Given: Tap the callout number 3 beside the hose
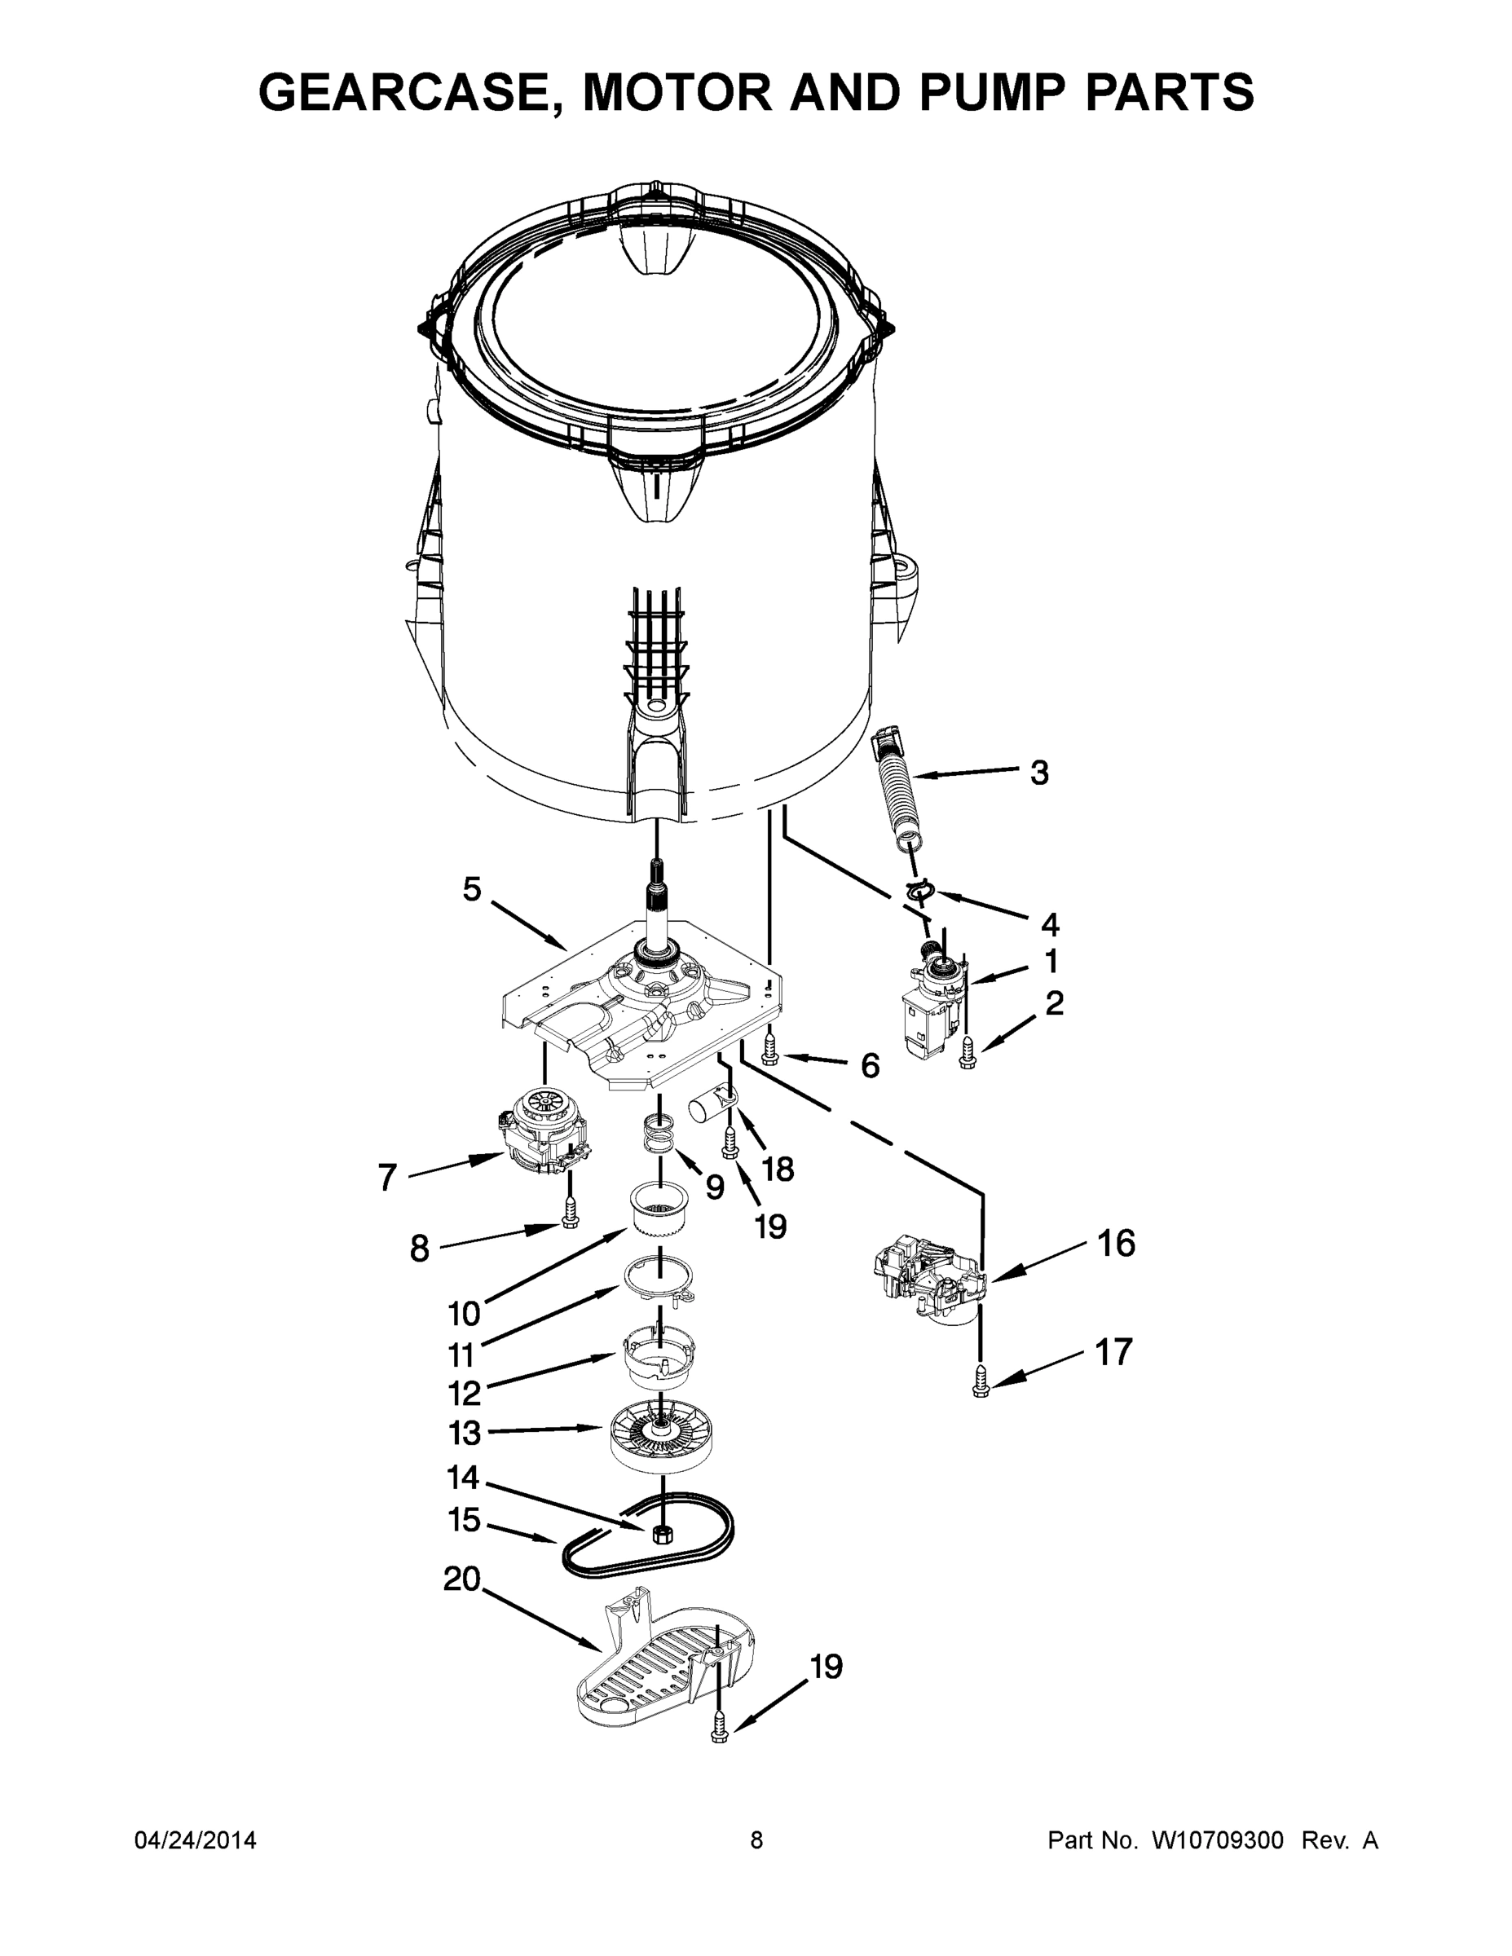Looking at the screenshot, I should click(x=1038, y=772).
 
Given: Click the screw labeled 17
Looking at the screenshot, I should click(x=981, y=1380).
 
